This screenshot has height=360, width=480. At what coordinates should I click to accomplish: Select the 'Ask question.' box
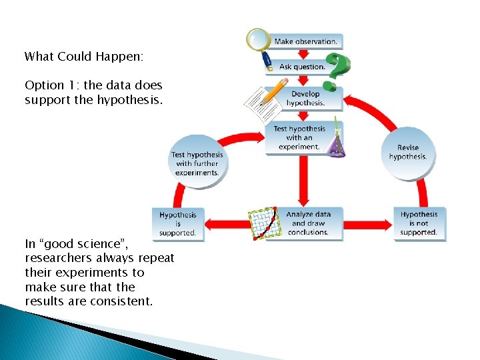click(302, 67)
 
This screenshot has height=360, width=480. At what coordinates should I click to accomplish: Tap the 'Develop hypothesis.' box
click(305, 99)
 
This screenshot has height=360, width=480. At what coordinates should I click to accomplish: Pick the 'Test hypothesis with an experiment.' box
click(299, 138)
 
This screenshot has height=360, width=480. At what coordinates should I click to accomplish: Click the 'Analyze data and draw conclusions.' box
click(308, 223)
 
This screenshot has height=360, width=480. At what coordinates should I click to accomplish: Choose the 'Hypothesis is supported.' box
click(178, 224)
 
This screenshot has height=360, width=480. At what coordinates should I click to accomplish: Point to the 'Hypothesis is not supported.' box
click(419, 223)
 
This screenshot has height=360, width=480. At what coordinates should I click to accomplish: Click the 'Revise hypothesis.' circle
click(407, 153)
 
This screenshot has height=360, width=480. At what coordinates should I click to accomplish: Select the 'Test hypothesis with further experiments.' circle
click(197, 163)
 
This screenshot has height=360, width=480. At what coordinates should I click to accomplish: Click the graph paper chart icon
click(263, 223)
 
